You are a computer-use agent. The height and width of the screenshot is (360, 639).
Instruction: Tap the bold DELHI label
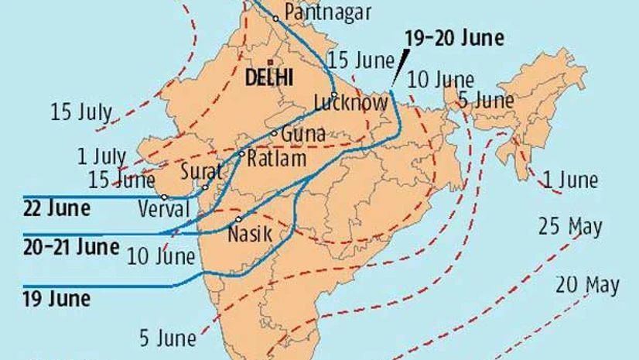(268, 77)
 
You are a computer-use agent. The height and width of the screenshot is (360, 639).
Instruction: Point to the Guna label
(302, 133)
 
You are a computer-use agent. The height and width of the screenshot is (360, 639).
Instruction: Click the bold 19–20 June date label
(455, 38)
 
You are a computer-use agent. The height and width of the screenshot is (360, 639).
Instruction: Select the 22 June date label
(56, 208)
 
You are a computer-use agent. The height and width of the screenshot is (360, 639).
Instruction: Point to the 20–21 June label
(70, 247)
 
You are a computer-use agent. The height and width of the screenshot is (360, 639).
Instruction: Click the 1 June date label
(570, 181)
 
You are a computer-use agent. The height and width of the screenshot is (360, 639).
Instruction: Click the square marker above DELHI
(270, 61)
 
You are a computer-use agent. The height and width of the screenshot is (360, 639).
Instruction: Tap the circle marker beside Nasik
(238, 219)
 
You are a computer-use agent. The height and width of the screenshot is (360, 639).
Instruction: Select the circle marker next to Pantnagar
(275, 17)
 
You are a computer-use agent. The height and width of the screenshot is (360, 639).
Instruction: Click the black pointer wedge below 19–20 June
(397, 70)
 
